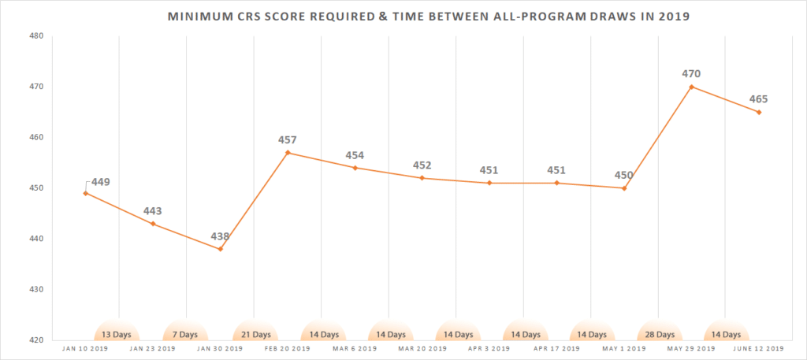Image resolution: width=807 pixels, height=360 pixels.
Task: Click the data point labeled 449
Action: (x=85, y=193)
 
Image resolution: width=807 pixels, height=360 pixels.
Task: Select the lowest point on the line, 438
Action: (x=221, y=249)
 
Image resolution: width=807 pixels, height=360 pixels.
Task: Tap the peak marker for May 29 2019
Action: (x=692, y=87)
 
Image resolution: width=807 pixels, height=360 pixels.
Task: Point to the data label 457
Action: (x=288, y=140)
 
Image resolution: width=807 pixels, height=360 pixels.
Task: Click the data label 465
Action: (x=758, y=99)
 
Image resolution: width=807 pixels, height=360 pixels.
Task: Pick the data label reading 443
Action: (x=153, y=211)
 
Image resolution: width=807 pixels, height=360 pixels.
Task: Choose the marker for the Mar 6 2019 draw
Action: (x=355, y=168)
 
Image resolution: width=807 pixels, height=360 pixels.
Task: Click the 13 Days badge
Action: (x=117, y=334)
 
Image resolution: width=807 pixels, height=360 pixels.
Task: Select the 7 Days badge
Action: (x=184, y=334)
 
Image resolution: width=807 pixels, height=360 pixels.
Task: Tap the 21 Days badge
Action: (x=252, y=334)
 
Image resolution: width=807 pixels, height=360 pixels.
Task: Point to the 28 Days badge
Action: (x=659, y=334)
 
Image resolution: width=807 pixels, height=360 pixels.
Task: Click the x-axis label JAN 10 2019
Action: (x=85, y=347)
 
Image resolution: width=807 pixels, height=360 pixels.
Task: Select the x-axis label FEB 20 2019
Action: (x=288, y=347)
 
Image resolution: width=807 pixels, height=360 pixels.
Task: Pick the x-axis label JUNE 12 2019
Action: (x=759, y=347)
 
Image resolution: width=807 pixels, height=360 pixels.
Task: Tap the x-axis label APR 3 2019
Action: (x=489, y=347)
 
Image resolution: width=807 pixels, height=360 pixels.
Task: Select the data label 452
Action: (x=422, y=165)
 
